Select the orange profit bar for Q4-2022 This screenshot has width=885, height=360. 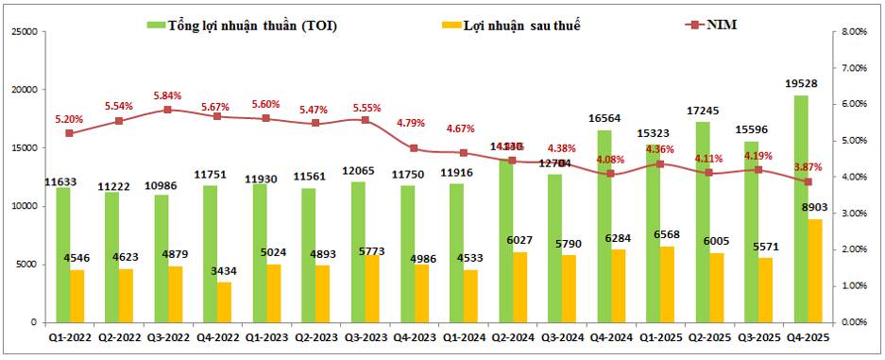pos(224,302)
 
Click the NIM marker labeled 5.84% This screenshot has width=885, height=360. pos(167,110)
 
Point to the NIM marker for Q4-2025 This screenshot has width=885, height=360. pos(807,181)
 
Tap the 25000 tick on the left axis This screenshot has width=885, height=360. pos(23,31)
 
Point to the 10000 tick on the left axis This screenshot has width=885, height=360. pos(23,206)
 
